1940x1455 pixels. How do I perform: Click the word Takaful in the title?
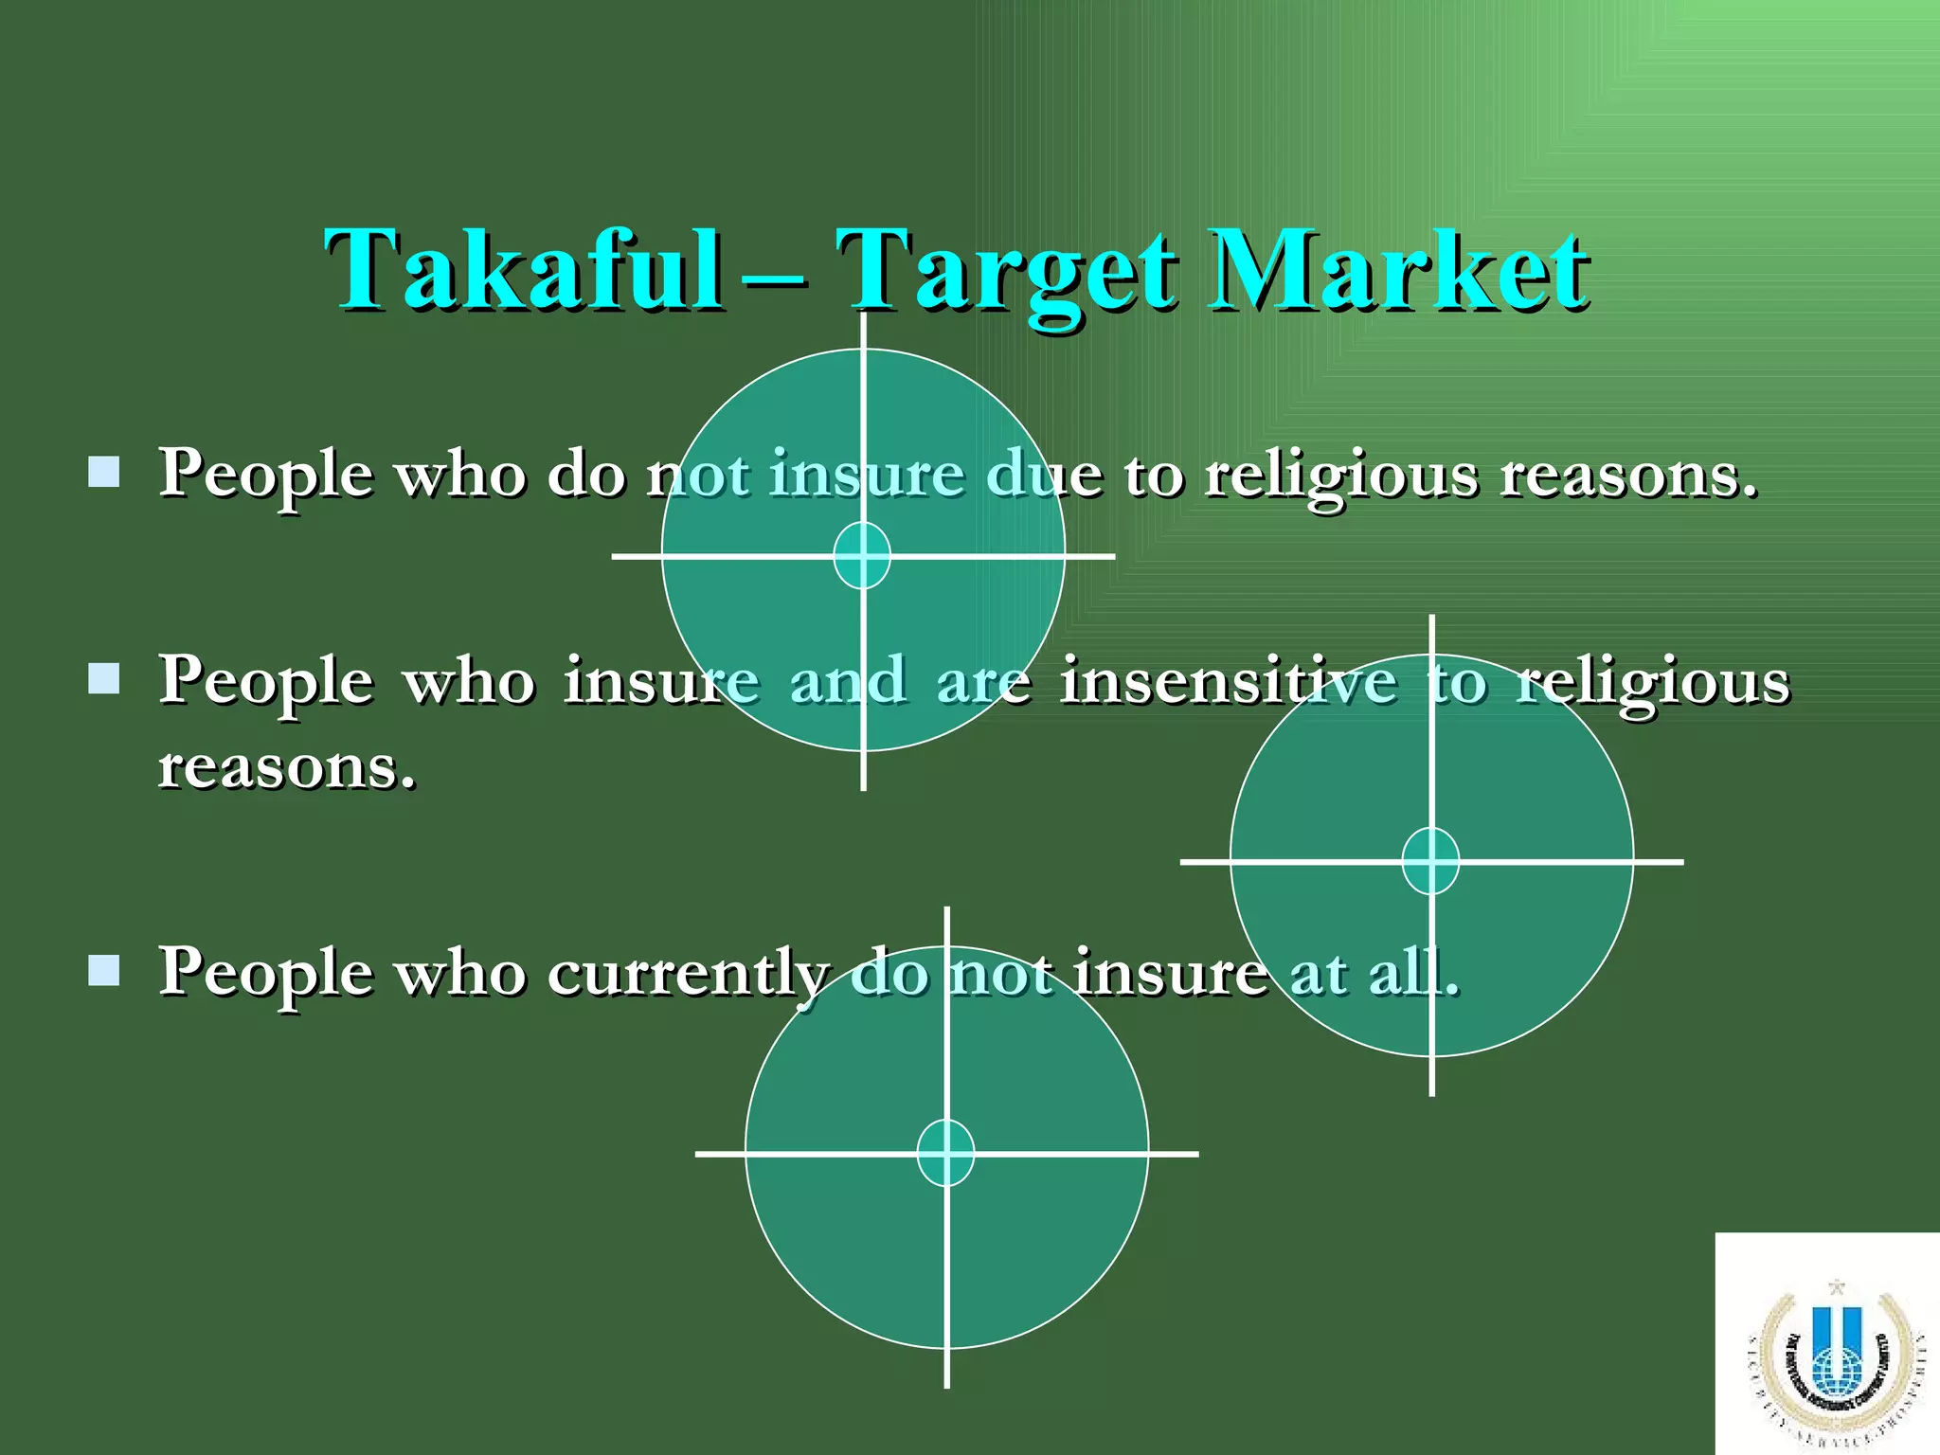tap(522, 271)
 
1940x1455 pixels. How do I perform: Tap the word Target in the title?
tap(1008, 275)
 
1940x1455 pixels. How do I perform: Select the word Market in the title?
tap(1399, 271)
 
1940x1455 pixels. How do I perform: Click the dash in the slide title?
tap(774, 280)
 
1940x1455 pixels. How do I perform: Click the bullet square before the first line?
tap(103, 472)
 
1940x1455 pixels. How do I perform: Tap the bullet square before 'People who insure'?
tap(103, 678)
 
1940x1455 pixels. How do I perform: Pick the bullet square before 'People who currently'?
tap(103, 970)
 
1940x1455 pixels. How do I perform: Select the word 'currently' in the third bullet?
tap(689, 974)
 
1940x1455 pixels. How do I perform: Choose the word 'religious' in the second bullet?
tap(1652, 683)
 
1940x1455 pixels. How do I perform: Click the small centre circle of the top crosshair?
tap(862, 555)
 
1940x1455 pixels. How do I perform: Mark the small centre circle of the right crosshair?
tap(1430, 861)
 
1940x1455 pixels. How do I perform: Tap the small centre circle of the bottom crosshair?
tap(945, 1153)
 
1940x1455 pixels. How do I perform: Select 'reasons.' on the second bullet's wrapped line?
tap(287, 766)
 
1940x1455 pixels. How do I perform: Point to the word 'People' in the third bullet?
tap(265, 974)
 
